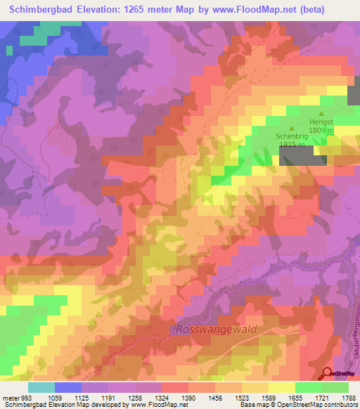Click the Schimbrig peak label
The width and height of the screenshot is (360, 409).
pos(292,138)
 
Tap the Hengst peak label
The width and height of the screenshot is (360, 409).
pos(323,122)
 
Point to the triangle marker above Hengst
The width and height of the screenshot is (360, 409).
pos(323,113)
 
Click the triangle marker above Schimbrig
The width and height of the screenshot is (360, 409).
pos(292,129)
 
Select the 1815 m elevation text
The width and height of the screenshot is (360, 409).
pos(292,145)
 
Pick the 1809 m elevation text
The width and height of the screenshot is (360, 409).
pos(323,130)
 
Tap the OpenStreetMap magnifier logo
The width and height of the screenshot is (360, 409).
pos(326,373)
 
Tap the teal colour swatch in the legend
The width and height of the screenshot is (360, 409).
pos(41,387)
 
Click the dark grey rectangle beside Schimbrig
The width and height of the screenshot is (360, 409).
pos(303,157)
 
